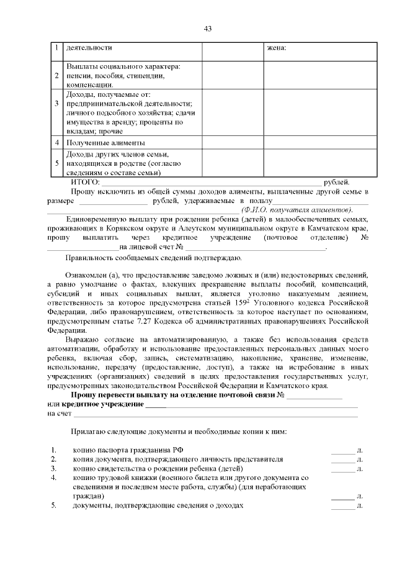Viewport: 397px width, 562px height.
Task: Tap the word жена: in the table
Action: pos(276,47)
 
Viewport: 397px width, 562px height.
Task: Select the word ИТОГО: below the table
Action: pos(85,182)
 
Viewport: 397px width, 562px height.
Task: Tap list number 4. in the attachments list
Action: pos(54,478)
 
